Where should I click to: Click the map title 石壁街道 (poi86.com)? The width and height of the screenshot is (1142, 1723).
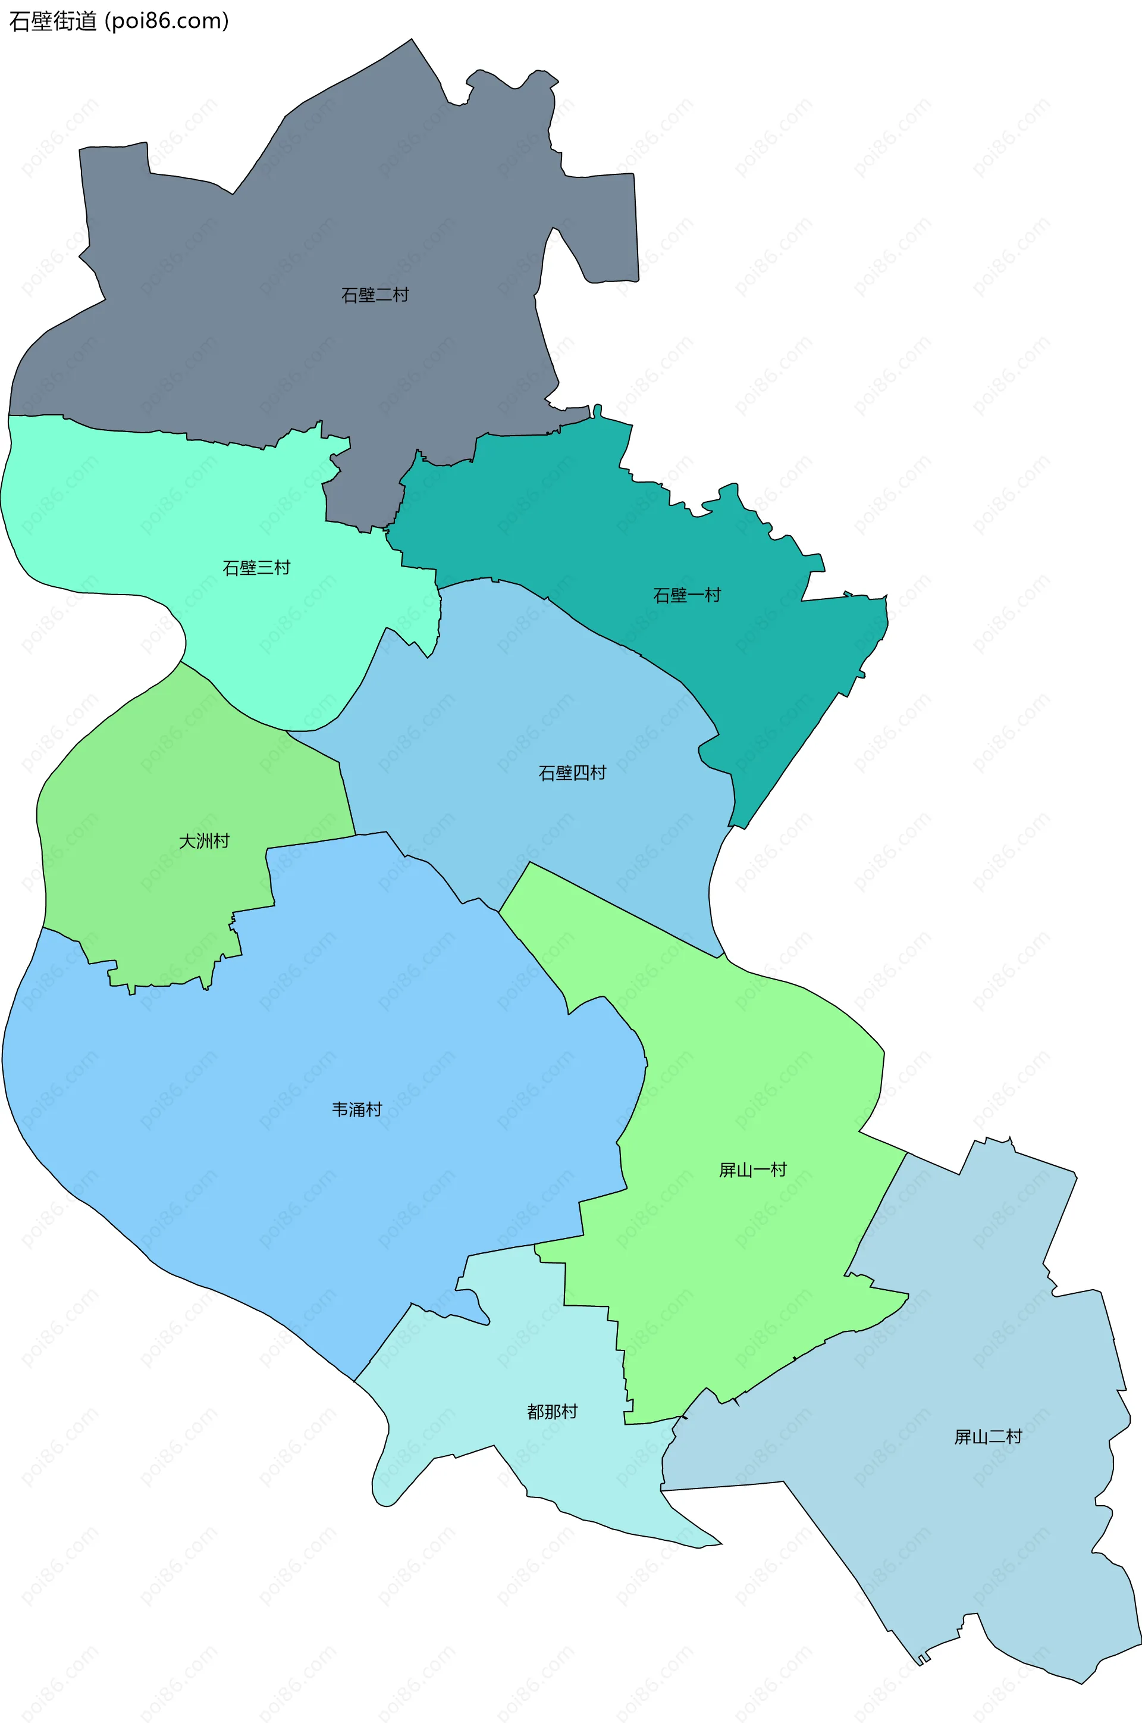(x=119, y=21)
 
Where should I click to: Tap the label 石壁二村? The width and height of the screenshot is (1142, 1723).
(x=375, y=295)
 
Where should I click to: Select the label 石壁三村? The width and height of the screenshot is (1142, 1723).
(x=256, y=568)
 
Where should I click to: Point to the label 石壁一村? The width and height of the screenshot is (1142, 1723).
(x=687, y=595)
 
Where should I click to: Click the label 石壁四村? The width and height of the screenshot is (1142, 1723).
(x=572, y=773)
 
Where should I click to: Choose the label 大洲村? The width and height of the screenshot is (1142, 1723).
(x=205, y=842)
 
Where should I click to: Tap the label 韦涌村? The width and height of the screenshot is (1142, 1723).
(x=357, y=1109)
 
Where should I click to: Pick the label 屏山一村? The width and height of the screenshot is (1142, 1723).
(x=753, y=1170)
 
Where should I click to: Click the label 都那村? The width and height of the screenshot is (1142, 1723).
(x=552, y=1412)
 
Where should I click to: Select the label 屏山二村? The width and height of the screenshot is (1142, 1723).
(x=989, y=1437)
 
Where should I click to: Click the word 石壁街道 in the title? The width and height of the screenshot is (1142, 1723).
(x=52, y=21)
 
